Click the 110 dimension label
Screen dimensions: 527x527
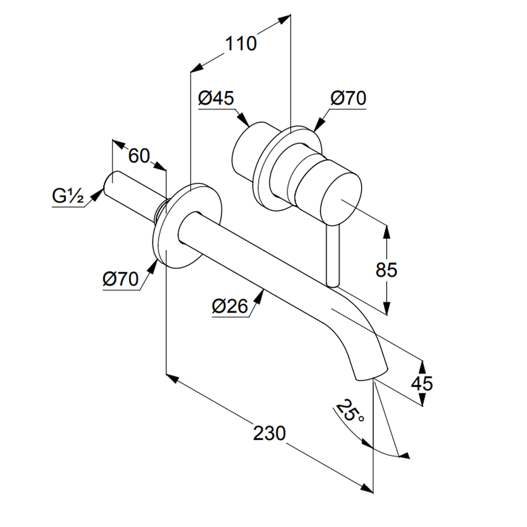point(241,43)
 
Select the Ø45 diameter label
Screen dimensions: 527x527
point(216,98)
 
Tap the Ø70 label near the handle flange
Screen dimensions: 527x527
point(348,99)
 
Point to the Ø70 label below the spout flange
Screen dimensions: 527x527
point(120,278)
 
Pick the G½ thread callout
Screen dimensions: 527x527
point(68,196)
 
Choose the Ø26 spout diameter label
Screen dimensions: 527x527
point(230,306)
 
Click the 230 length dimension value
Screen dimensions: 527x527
point(269,433)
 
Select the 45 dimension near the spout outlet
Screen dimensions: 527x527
point(422,383)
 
